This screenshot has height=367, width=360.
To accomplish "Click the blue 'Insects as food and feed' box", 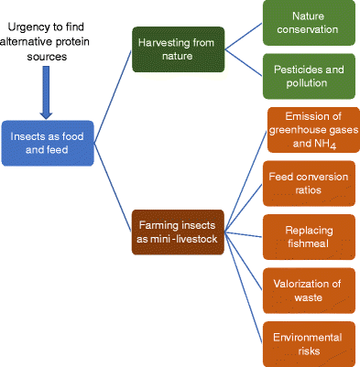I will pyautogui.click(x=45, y=144).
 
